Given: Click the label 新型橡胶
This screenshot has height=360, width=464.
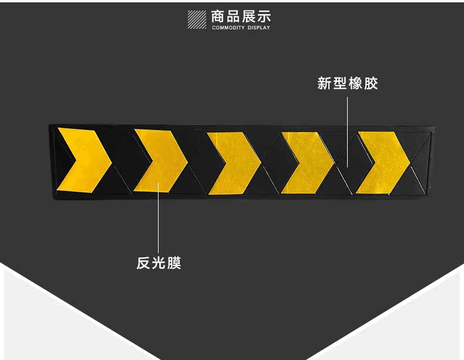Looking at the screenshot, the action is coord(347,83).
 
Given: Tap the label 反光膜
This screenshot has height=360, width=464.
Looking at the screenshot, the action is coord(159,263).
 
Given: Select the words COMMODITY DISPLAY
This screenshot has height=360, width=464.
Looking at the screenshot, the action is coord(241,28).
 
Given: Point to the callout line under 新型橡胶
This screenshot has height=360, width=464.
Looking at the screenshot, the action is coord(347,129).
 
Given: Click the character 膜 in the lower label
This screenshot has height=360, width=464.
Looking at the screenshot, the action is coord(174,263).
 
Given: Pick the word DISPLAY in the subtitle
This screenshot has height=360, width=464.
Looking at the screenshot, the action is coord(258,28).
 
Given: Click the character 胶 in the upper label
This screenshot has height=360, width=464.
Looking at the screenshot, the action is coord(371,83).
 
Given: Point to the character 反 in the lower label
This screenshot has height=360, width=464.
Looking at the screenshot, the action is coord(144,263).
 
